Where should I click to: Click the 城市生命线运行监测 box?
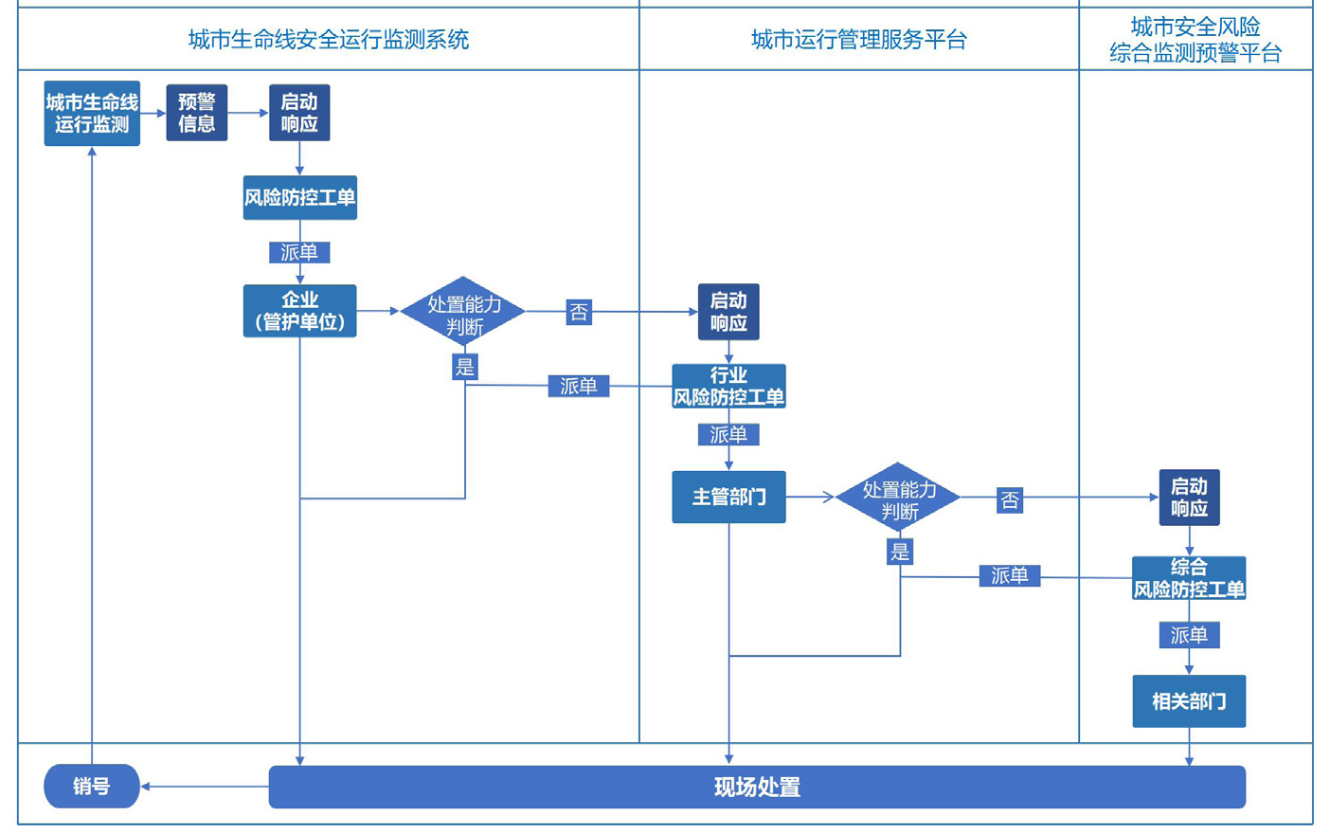pos(92,113)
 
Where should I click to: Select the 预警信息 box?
pos(196,113)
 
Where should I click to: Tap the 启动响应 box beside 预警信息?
pos(299,113)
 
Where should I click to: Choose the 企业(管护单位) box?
pos(299,311)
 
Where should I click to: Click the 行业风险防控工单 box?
pos(728,387)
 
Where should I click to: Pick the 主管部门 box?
pos(728,497)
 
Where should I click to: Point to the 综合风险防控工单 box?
pos(1189,578)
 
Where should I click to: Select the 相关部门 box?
pos(1189,701)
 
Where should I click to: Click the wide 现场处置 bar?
pos(757,787)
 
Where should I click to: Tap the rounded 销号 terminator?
pos(92,787)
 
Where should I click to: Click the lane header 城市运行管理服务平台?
pos(858,40)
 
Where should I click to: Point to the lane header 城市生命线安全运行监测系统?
pos(328,40)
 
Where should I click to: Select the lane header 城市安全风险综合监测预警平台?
pos(1195,40)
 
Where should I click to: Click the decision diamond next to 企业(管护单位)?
pos(463,311)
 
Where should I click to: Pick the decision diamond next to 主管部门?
pos(898,497)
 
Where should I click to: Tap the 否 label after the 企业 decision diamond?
pos(579,312)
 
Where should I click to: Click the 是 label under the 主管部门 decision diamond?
pos(899,552)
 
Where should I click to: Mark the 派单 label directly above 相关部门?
pos(1189,635)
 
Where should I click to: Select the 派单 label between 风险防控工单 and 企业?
pos(299,252)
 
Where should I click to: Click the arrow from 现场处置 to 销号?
pos(204,787)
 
